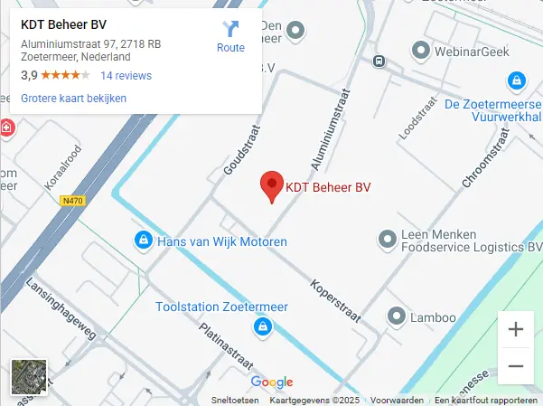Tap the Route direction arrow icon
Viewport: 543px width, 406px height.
[x=230, y=29]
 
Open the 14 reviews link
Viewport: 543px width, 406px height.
[x=126, y=76]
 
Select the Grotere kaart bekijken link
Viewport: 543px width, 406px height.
[x=73, y=99]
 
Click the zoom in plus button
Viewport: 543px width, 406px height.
[x=516, y=329]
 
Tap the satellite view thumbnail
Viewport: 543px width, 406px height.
[x=27, y=377]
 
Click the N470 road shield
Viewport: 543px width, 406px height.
[x=72, y=202]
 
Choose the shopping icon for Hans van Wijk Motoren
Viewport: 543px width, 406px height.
[x=142, y=241]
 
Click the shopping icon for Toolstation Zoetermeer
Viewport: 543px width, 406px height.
[x=262, y=326]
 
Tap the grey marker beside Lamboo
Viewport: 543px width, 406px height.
[x=396, y=316]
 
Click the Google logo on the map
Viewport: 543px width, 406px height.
[x=272, y=382]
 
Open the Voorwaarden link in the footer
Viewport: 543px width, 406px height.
[x=397, y=400]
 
